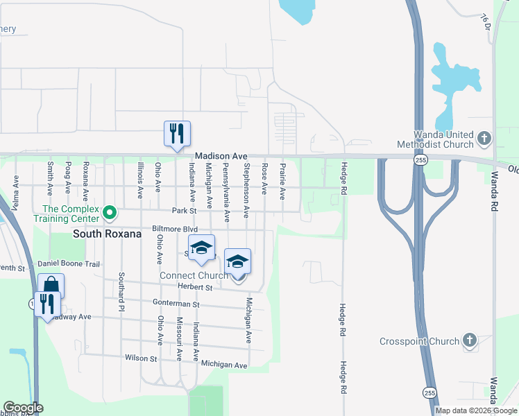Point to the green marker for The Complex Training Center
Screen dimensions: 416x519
pos(109,212)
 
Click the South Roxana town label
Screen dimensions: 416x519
pos(108,234)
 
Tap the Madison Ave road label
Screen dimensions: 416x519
pos(221,157)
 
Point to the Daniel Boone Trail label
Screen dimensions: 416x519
pos(69,264)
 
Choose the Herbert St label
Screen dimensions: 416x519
pos(195,287)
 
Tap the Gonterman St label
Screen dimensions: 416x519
pos(176,304)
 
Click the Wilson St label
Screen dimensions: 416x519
pos(141,358)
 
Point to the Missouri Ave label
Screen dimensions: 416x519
pos(179,340)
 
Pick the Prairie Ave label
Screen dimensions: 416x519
pos(282,182)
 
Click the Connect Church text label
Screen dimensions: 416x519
pos(194,275)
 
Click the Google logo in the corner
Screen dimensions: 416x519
pos(23,408)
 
